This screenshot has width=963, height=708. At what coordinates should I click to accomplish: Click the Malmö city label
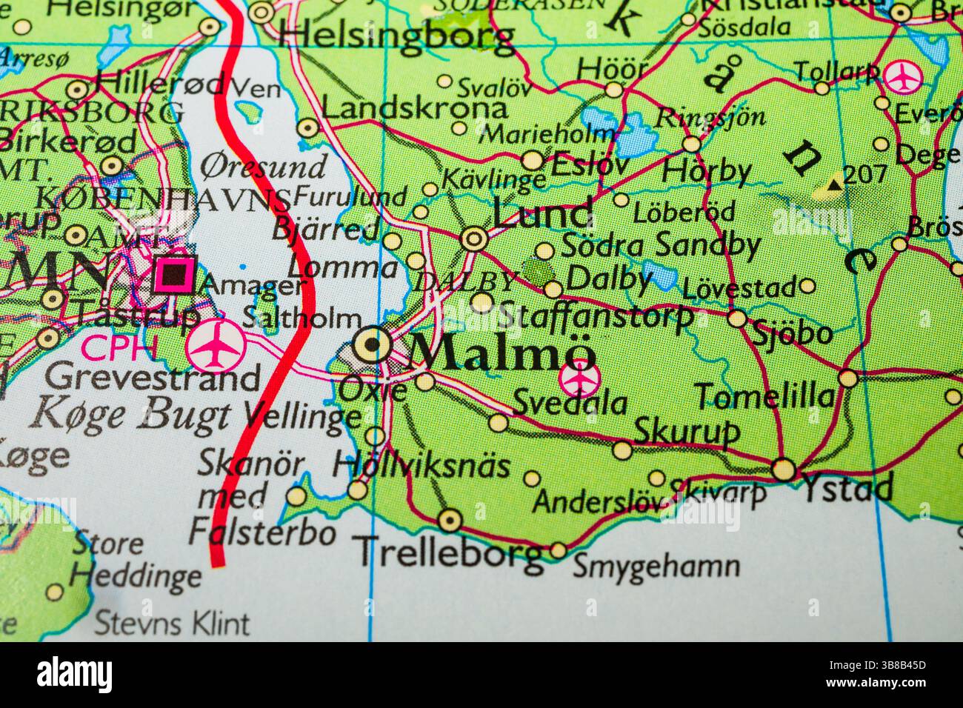[502, 351]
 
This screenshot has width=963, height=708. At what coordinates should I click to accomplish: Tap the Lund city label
[542, 214]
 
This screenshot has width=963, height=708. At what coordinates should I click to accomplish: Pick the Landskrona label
[415, 110]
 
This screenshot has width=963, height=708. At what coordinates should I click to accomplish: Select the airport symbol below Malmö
[578, 379]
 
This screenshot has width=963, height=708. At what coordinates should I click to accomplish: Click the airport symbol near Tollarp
[901, 76]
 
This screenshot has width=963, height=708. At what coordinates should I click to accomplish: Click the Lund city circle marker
[474, 238]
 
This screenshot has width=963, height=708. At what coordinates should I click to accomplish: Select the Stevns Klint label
[174, 624]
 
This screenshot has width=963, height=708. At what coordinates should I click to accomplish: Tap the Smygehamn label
[656, 567]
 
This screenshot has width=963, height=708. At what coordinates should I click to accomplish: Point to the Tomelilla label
[764, 396]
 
